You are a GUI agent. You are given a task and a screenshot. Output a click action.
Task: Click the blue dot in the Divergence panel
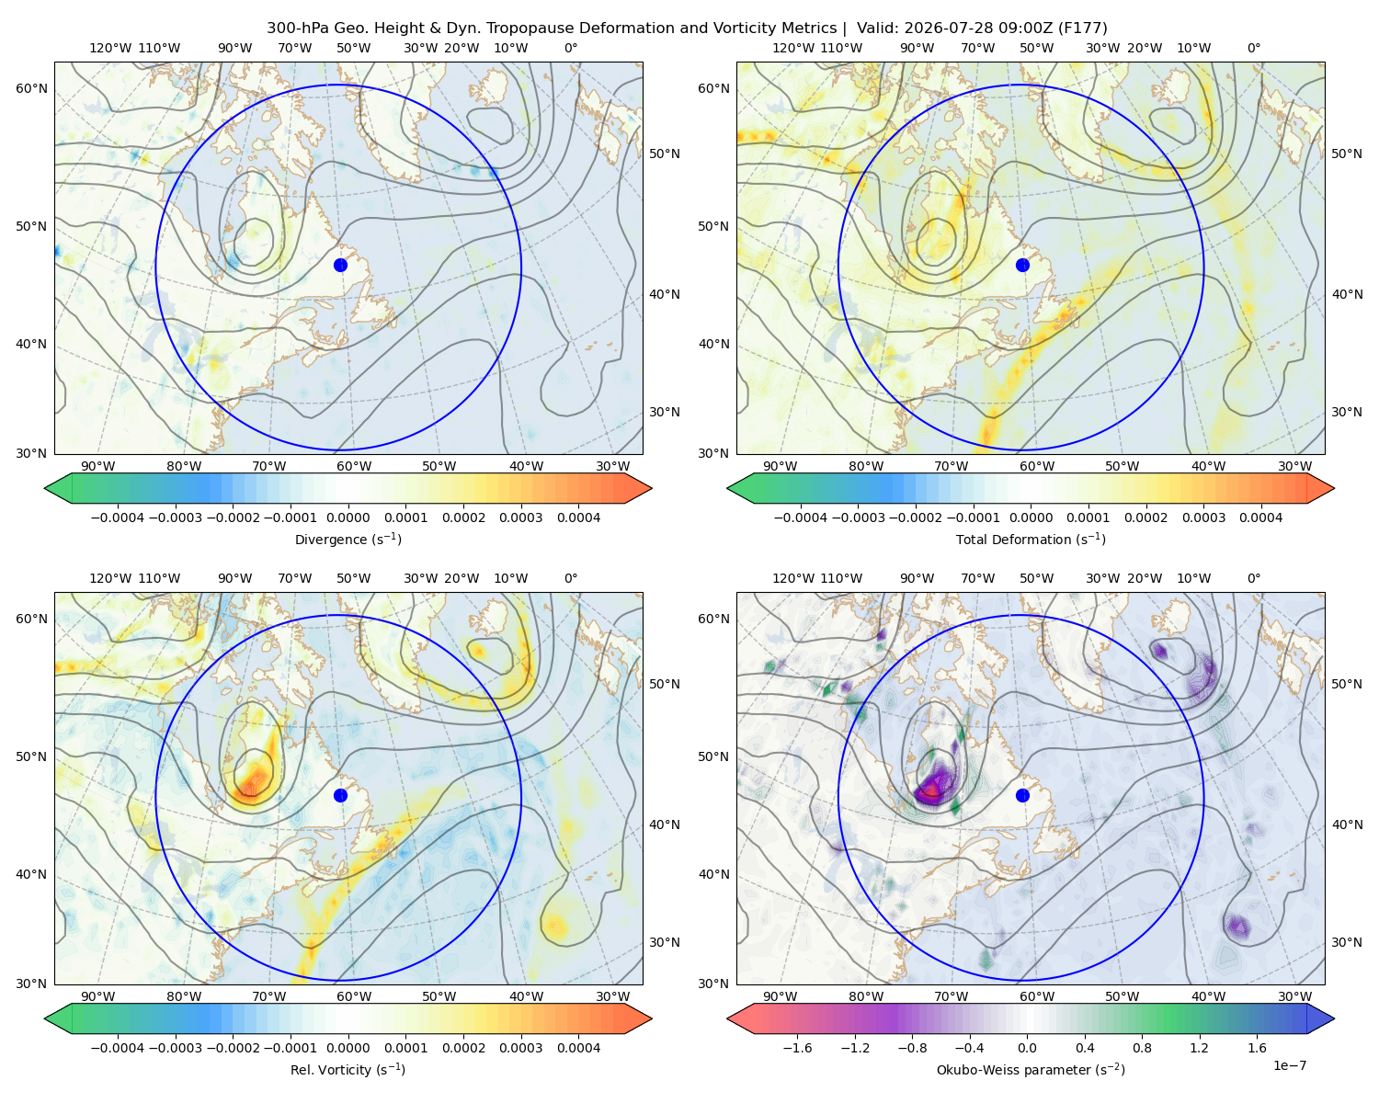click(340, 265)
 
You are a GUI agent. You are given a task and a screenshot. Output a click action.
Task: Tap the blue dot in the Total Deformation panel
click(1022, 265)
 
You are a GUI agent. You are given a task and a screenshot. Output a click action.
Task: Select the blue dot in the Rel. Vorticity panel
click(340, 795)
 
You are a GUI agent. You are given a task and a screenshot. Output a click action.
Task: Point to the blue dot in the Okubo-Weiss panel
click(1022, 795)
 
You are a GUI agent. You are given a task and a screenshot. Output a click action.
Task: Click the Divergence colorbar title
click(348, 539)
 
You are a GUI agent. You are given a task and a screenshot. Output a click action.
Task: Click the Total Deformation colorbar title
click(1031, 539)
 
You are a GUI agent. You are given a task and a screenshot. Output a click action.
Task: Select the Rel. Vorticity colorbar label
click(348, 1069)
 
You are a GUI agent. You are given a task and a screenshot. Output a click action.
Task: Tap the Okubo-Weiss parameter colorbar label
click(1031, 1069)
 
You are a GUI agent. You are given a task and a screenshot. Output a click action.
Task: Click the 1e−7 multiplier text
click(1289, 1065)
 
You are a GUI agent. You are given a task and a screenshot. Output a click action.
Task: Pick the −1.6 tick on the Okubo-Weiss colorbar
click(797, 1047)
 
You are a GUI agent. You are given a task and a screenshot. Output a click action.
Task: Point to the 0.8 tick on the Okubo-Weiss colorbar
click(1142, 1047)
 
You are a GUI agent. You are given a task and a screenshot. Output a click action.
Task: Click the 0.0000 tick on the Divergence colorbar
click(348, 517)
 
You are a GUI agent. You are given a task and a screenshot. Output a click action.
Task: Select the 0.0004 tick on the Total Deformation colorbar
click(1260, 517)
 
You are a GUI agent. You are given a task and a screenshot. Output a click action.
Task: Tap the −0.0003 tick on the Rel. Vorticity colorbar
click(175, 1047)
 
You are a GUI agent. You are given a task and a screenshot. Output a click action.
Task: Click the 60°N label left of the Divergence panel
click(31, 88)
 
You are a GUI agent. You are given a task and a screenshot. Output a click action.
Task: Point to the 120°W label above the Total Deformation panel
click(792, 48)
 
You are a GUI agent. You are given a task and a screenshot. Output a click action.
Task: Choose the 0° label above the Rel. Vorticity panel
click(571, 578)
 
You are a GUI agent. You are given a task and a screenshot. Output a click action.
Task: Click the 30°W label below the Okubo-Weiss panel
click(1295, 996)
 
